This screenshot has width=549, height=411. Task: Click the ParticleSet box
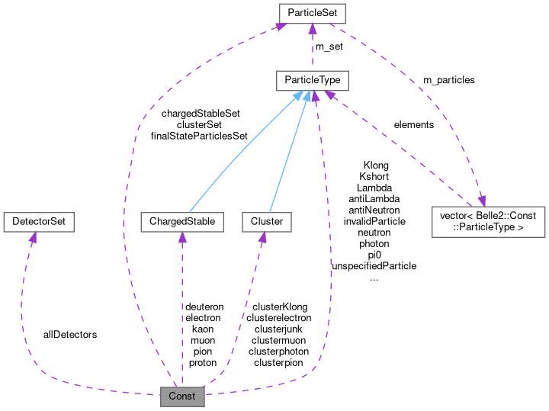click(313, 13)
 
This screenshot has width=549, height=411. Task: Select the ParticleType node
click(313, 79)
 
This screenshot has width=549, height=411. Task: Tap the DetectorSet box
click(38, 222)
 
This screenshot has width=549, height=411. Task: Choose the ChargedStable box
click(182, 222)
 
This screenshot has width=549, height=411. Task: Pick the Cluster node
click(262, 222)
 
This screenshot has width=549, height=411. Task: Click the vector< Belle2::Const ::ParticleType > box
click(489, 221)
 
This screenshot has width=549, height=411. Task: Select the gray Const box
click(182, 396)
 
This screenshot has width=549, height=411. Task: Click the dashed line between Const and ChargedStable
click(181, 305)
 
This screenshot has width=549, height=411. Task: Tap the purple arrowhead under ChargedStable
click(182, 238)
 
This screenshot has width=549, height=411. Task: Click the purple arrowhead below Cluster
click(262, 238)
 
